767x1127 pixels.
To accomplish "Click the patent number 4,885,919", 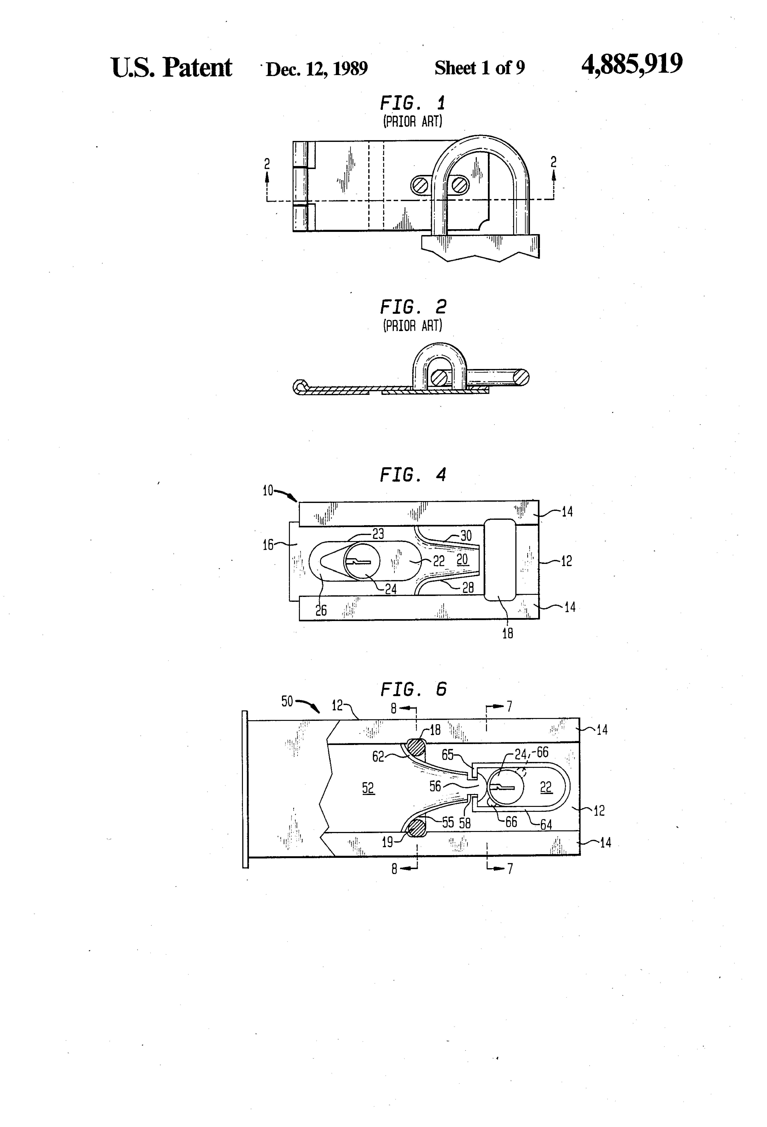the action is point(632,64).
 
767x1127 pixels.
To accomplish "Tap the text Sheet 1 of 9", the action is point(479,68).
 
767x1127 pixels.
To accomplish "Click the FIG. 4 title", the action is point(413,475).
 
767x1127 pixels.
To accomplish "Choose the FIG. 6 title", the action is point(413,689).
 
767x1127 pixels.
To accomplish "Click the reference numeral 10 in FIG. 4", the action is point(268,491).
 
